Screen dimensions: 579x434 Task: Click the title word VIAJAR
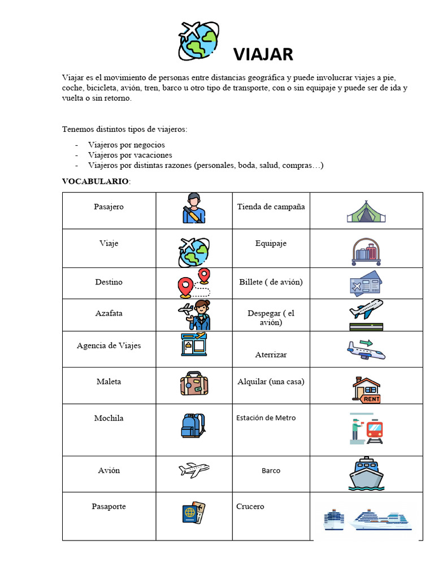click(x=263, y=54)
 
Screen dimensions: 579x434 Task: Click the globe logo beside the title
click(x=198, y=41)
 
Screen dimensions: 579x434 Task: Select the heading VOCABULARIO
click(x=96, y=181)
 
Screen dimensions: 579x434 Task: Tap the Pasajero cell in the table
click(x=108, y=207)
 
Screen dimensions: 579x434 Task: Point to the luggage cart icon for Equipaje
click(x=366, y=252)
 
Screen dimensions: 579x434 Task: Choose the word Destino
click(x=108, y=282)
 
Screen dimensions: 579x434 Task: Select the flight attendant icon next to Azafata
click(x=194, y=315)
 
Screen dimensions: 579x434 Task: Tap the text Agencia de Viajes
click(x=108, y=345)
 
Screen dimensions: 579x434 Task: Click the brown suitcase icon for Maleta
click(x=194, y=383)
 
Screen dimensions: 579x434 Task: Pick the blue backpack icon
click(x=193, y=426)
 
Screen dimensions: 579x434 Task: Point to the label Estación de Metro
click(x=266, y=418)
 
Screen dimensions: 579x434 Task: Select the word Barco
click(x=271, y=470)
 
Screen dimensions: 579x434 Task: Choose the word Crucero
click(x=250, y=507)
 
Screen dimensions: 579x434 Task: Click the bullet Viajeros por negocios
click(x=126, y=145)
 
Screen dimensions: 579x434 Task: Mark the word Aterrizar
click(x=271, y=355)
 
